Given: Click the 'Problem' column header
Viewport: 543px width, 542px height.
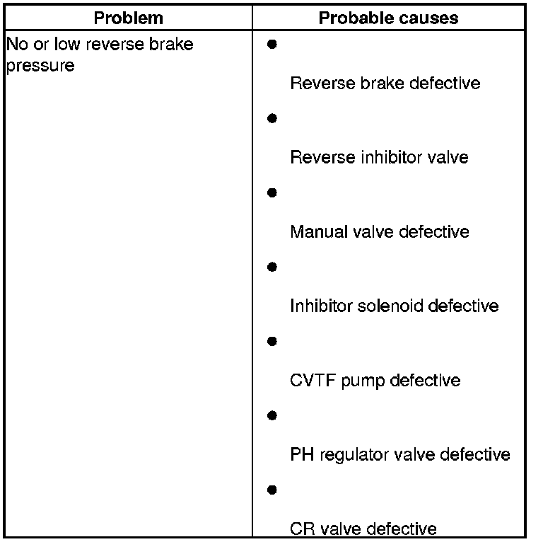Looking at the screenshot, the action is point(129,18).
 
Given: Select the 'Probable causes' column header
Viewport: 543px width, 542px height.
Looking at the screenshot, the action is point(388,18).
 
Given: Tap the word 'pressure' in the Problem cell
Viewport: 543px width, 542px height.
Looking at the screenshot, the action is point(40,67).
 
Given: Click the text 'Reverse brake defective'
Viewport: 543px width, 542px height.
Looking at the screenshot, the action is point(385,83).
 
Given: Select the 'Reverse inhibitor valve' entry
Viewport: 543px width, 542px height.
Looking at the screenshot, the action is point(379,157).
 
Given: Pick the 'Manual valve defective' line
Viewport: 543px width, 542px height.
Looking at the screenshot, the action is point(379,232).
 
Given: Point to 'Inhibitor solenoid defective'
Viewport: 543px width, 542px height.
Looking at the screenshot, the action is point(394,306).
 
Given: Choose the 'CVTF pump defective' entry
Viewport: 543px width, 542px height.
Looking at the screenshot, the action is point(375,381).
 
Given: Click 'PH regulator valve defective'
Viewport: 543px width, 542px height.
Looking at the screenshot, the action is point(399,454).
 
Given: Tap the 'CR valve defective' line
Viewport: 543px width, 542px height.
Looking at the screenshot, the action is point(363,529).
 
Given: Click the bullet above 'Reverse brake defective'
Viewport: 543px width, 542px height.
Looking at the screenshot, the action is point(271,45).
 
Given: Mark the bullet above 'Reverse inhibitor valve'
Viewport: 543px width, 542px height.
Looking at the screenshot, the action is point(271,119).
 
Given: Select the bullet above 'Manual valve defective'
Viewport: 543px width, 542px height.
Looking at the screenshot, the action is point(271,193).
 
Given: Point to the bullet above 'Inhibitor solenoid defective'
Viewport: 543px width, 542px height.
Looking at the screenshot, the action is point(271,267).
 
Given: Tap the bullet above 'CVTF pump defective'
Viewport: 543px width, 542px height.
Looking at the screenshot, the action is point(271,342).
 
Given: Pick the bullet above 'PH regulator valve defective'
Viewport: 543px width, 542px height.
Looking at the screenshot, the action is point(271,416).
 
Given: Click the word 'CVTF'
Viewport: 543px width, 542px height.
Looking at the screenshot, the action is point(313,381).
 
